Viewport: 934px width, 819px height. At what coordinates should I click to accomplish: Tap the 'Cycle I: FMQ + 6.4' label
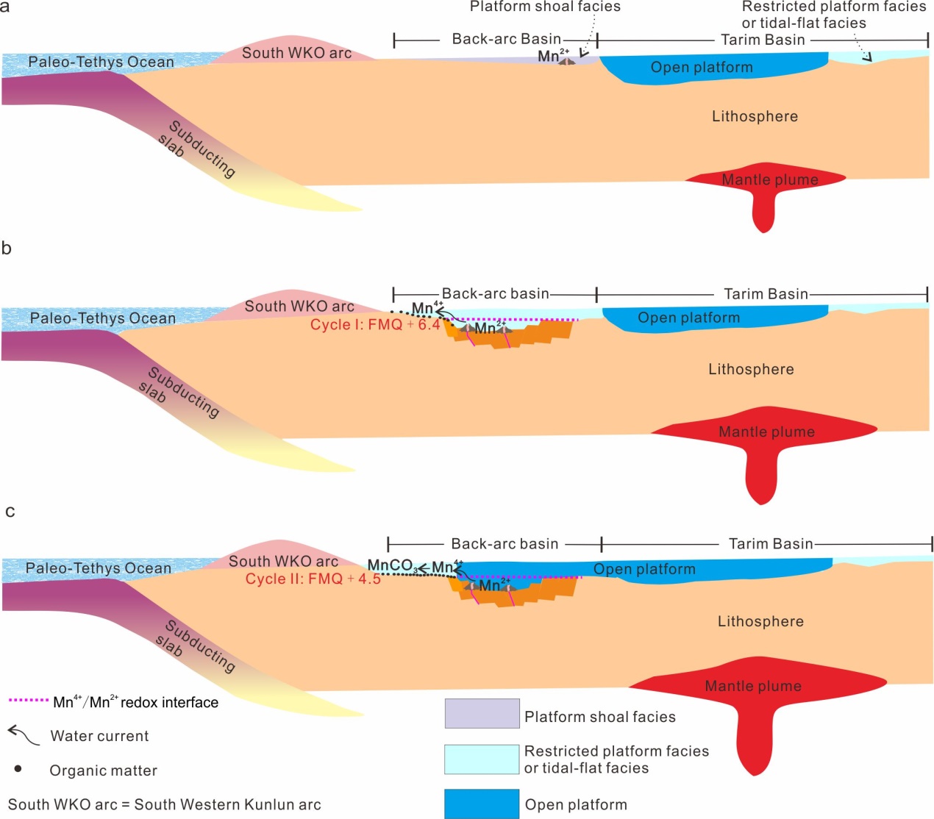click(375, 325)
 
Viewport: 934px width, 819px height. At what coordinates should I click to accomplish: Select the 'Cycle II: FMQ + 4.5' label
click(313, 579)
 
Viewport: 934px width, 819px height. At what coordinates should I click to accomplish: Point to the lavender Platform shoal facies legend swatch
click(482, 713)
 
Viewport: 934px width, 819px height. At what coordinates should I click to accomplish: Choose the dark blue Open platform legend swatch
click(482, 804)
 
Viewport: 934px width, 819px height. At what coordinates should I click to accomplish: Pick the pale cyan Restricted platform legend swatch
click(482, 759)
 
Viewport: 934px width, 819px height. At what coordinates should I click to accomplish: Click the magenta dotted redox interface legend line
click(28, 701)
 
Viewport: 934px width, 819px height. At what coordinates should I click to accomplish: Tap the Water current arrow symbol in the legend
click(23, 734)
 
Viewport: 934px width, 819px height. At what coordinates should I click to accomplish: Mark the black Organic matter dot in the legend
click(18, 769)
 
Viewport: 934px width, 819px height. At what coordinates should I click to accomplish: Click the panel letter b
click(7, 248)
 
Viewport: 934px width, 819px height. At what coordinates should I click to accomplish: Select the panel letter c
click(10, 512)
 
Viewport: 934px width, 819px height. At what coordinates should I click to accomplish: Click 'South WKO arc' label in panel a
click(296, 53)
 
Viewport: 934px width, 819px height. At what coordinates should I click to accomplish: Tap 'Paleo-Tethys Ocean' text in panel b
click(103, 318)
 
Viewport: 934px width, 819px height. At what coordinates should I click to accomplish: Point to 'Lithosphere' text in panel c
click(760, 621)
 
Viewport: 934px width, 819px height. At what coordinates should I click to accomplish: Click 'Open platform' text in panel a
click(702, 68)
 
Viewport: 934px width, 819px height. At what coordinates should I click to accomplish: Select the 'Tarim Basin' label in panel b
click(766, 294)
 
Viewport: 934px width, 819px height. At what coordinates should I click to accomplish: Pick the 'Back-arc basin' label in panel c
click(505, 544)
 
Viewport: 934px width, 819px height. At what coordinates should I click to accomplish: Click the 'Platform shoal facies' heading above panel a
click(545, 7)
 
